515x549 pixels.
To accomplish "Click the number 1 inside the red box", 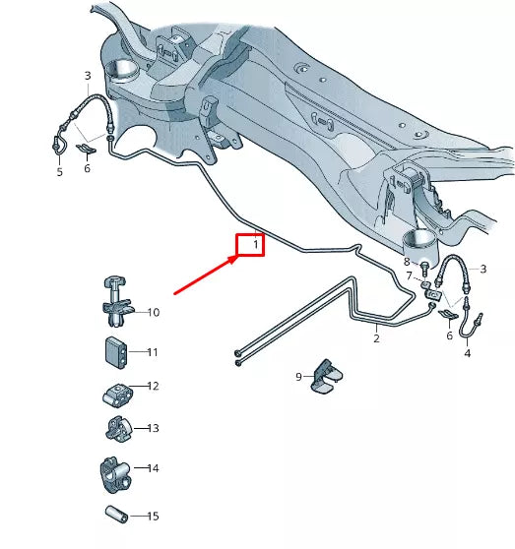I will [255, 243].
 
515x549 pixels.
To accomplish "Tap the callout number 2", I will [375, 338].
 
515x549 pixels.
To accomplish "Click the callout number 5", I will [59, 172].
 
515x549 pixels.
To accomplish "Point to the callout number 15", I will [153, 517].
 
